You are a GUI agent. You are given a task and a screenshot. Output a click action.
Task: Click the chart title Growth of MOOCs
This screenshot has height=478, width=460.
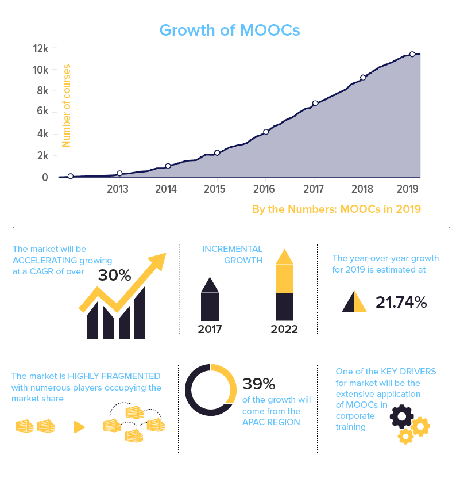click(230, 30)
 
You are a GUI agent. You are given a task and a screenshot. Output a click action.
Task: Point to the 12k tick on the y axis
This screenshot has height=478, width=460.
click(41, 49)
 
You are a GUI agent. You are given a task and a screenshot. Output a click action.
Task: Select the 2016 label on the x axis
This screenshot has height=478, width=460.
click(264, 189)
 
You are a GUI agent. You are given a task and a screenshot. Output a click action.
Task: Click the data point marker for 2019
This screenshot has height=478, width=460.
click(412, 54)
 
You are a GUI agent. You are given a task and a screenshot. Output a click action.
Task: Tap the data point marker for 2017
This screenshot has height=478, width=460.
click(315, 104)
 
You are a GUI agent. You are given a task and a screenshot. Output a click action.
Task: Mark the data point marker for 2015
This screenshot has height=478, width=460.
click(217, 153)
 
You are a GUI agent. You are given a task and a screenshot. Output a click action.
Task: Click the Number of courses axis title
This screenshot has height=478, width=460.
click(67, 107)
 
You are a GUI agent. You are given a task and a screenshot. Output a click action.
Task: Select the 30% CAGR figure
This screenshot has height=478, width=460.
click(115, 275)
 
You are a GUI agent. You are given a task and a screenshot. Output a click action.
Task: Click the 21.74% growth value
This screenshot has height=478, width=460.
click(401, 302)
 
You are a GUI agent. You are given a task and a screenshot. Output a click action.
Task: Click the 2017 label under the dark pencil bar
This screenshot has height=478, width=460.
click(210, 330)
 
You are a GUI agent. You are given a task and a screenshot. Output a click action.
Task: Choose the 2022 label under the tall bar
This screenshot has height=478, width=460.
click(285, 330)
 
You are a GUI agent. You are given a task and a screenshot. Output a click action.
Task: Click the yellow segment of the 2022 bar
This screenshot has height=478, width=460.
click(285, 278)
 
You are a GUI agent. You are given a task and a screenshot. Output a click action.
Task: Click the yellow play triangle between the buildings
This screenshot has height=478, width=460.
click(79, 427)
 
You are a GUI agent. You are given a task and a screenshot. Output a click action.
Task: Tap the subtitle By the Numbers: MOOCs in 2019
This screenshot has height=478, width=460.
click(337, 209)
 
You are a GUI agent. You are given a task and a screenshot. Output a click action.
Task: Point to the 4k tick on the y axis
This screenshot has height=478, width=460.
click(41, 134)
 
